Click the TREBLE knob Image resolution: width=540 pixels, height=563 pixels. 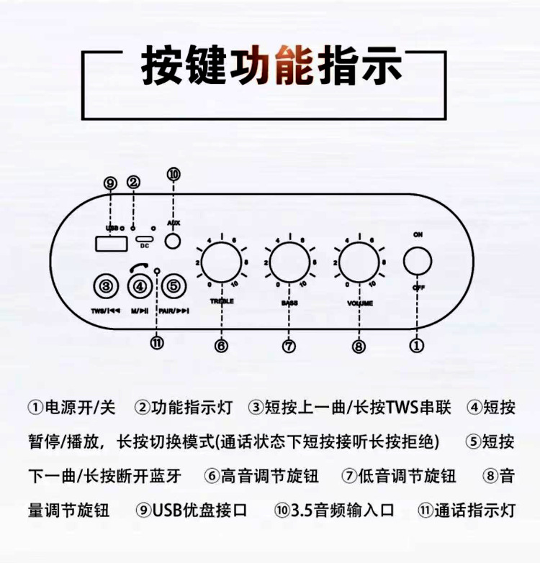220,262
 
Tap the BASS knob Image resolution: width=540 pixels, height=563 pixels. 288,262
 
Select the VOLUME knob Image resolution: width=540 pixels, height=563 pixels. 359,262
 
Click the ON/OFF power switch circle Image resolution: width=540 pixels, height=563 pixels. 417,261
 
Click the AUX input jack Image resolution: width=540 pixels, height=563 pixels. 173,240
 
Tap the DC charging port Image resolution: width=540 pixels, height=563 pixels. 144,239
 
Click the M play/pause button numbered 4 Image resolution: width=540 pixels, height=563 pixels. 140,287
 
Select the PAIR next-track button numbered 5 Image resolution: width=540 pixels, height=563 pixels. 174,287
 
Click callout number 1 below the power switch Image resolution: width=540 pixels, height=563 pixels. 416,345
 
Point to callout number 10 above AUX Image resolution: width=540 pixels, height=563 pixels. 173,174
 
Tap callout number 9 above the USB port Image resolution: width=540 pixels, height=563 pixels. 109,184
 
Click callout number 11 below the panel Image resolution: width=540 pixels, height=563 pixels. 157,342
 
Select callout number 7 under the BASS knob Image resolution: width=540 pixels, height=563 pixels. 289,346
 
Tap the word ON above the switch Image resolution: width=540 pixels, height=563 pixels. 418,235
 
